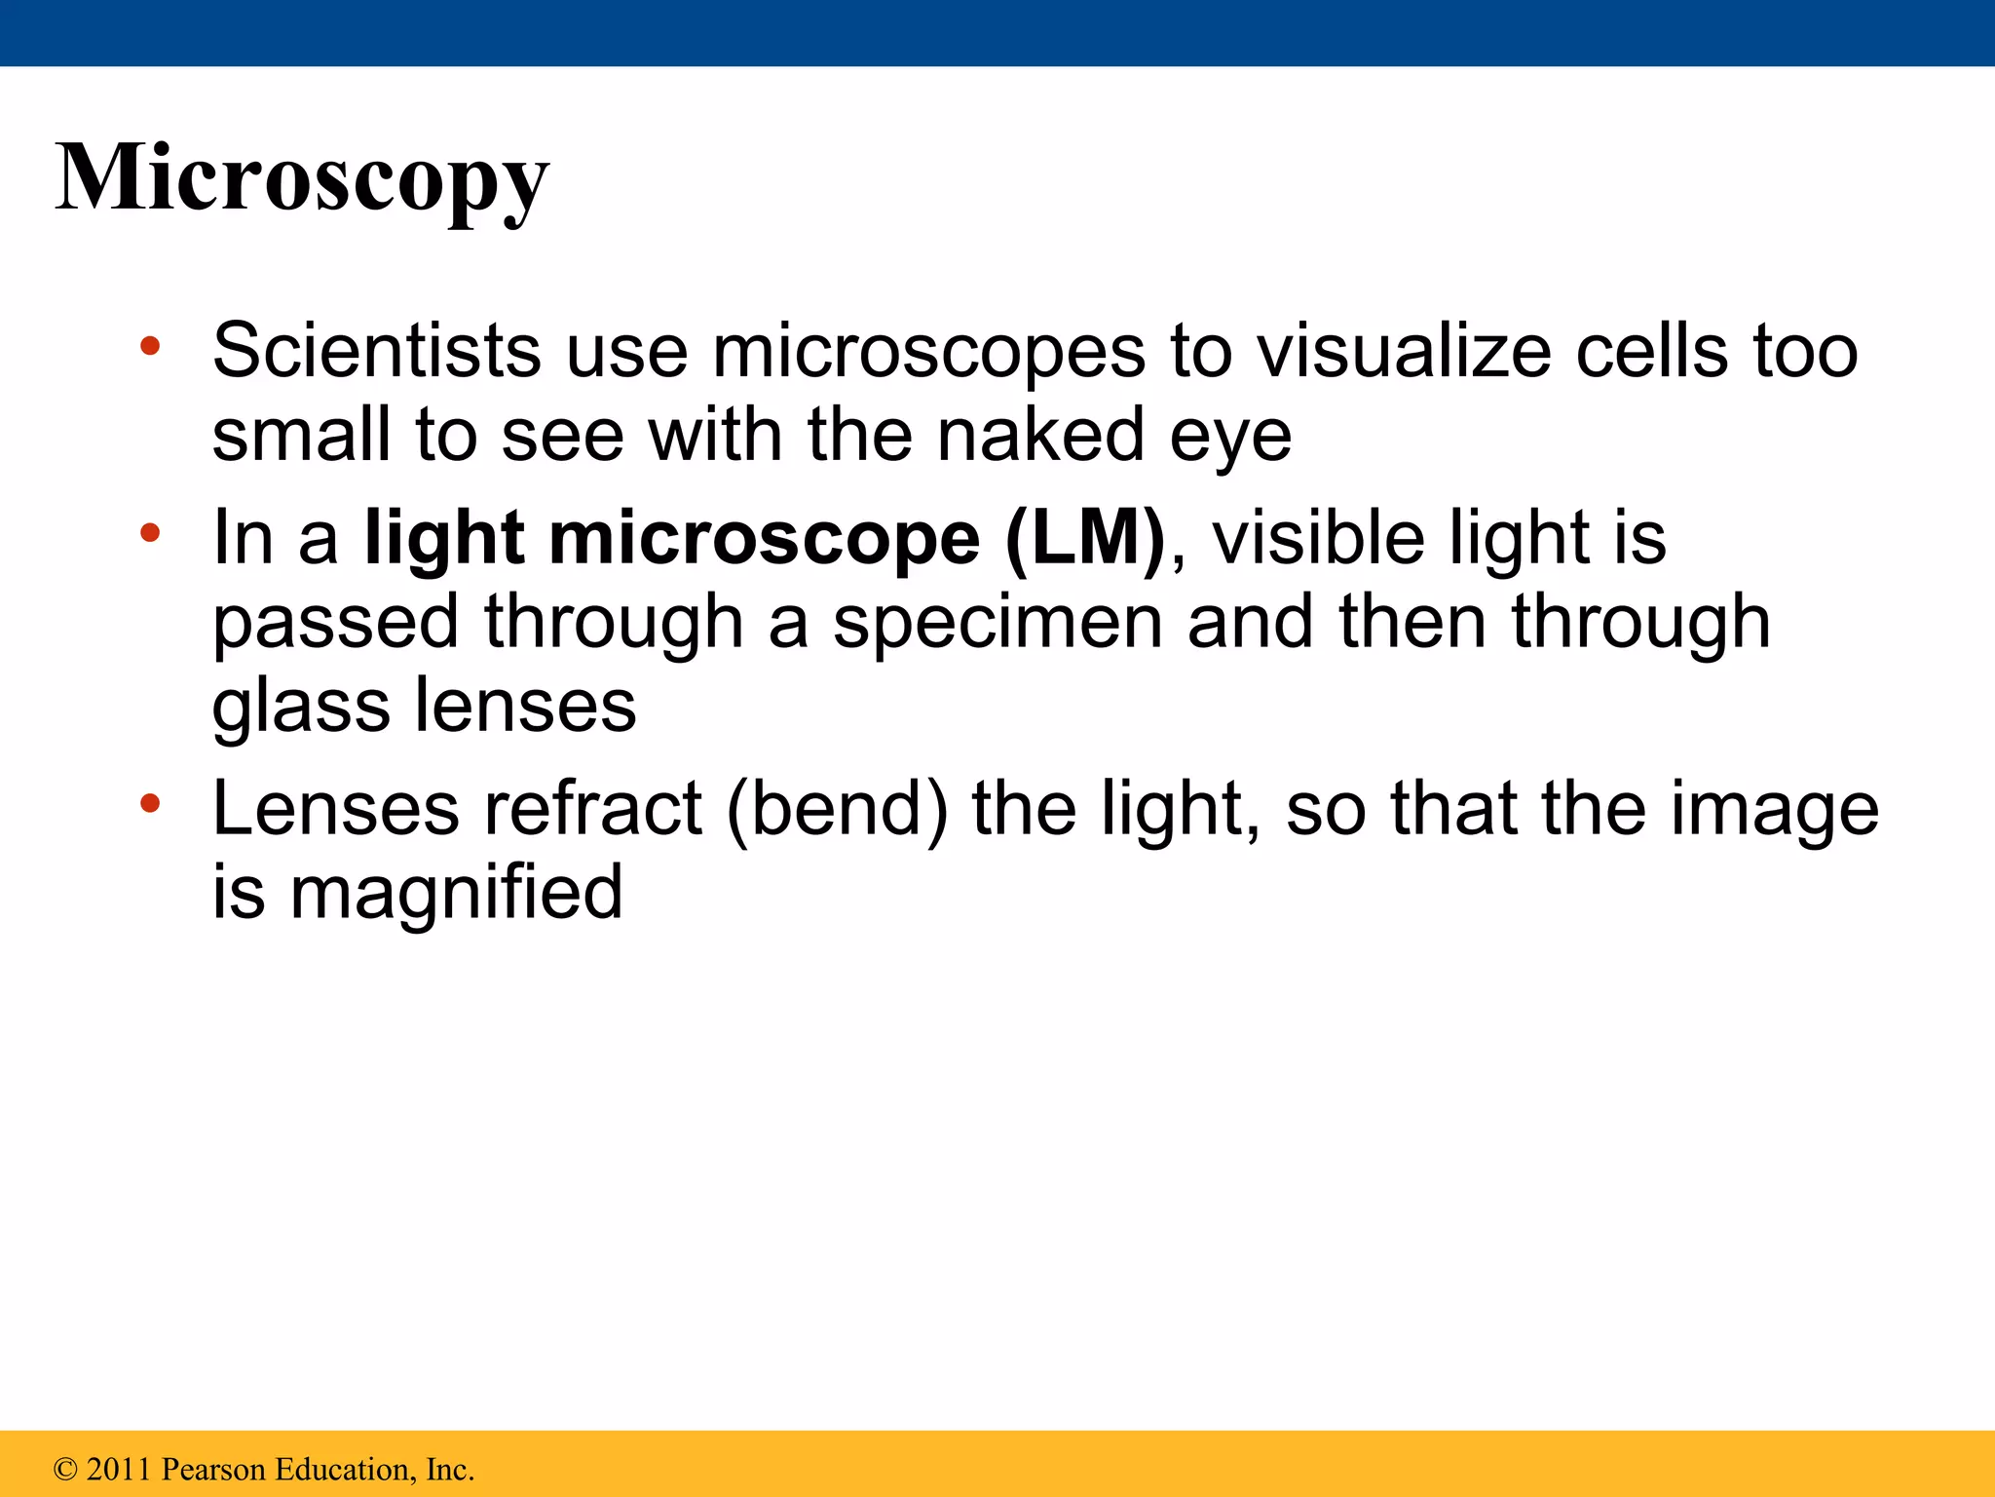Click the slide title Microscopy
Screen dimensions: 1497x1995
[302, 178]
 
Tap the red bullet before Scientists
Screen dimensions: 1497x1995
[149, 345]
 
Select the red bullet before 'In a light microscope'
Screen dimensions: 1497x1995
[149, 532]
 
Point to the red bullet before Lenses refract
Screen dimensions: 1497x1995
[149, 803]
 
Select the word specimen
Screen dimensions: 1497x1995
[997, 624]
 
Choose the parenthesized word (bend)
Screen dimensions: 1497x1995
[837, 810]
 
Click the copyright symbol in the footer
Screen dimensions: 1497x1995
[65, 1470]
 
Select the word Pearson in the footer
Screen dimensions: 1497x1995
[213, 1469]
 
